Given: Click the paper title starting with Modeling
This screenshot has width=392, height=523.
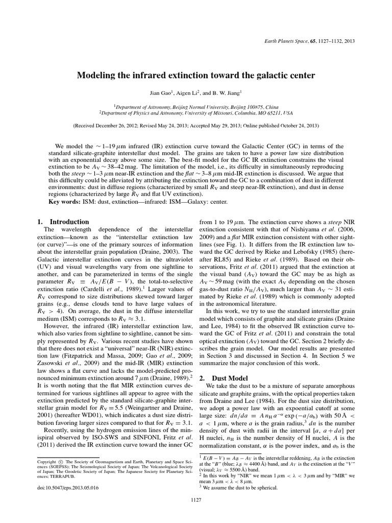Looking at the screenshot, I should pos(195,76).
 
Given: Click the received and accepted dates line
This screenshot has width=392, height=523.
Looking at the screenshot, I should pos(195,125).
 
